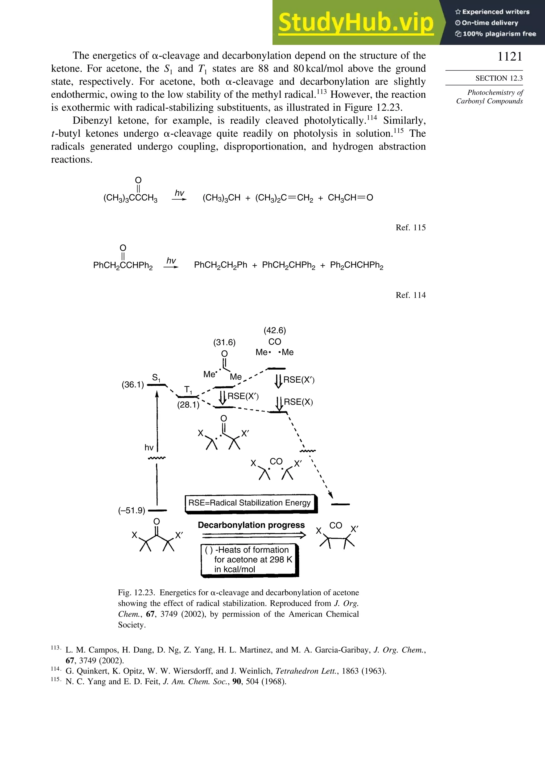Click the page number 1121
pyautogui.click(x=510, y=57)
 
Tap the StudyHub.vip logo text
pyautogui.click(x=356, y=23)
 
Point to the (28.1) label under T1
pyautogui.click(x=188, y=405)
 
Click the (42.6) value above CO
pyautogui.click(x=275, y=331)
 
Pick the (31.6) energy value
pyautogui.click(x=224, y=342)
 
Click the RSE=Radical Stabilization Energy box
pyautogui.click(x=250, y=503)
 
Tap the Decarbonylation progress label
pyautogui.click(x=251, y=525)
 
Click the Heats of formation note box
pyautogui.click(x=250, y=559)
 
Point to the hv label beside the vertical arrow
pyautogui.click(x=149, y=447)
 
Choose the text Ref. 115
pyautogui.click(x=410, y=227)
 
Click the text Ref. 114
pyautogui.click(x=410, y=295)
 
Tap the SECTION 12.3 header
pyautogui.click(x=499, y=78)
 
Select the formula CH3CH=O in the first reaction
pyautogui.click(x=350, y=198)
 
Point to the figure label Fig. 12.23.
pyautogui.click(x=136, y=593)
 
